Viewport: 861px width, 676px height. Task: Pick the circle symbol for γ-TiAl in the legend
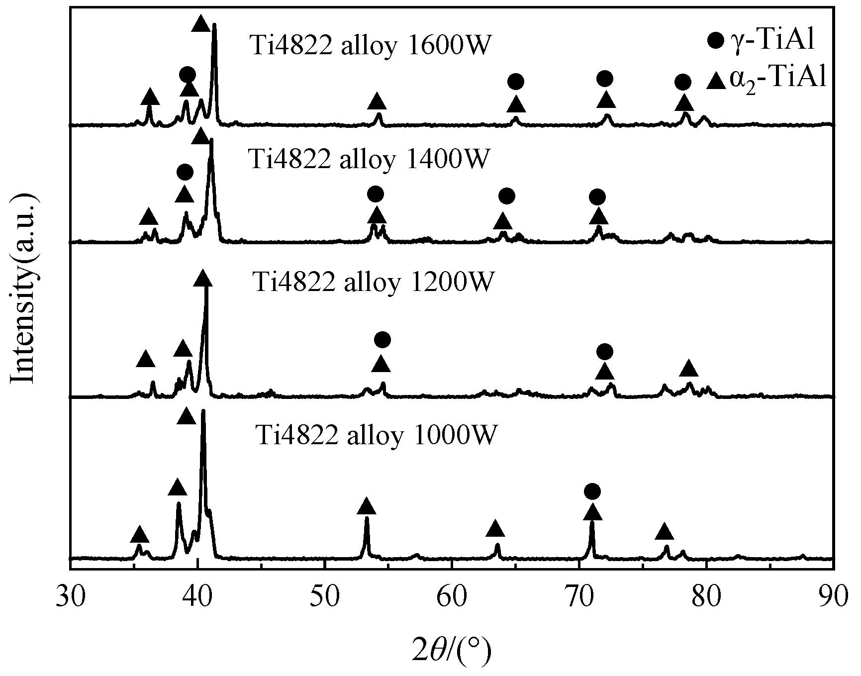(x=716, y=41)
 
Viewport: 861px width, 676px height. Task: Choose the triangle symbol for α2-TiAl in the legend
(x=716, y=80)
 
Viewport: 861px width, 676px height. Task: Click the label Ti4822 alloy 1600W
(x=371, y=46)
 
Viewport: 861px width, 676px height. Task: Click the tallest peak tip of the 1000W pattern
(x=203, y=411)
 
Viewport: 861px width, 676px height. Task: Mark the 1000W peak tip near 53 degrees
(x=367, y=518)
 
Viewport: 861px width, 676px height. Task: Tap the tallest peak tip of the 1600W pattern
(x=214, y=24)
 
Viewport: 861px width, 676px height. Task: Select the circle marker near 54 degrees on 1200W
(x=382, y=340)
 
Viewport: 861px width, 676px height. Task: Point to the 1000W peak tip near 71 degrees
(x=592, y=522)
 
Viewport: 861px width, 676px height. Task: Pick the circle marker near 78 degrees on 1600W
(x=683, y=82)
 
